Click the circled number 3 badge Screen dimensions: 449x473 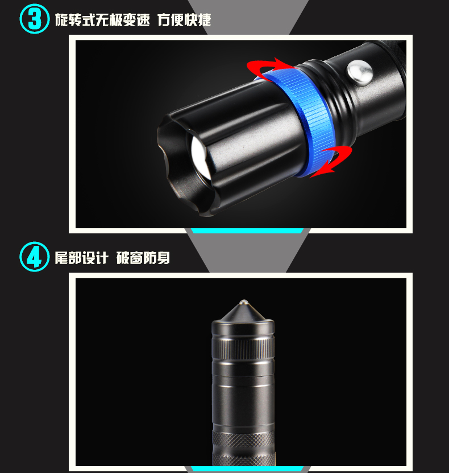point(34,19)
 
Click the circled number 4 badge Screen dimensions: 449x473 point(34,257)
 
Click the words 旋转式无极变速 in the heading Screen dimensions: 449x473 point(102,20)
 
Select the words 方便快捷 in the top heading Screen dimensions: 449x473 point(184,20)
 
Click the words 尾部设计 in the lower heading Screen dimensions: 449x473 point(81,258)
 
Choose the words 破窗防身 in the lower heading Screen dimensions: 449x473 point(143,258)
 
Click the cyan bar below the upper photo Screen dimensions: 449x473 point(247,231)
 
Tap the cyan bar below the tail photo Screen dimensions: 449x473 point(247,469)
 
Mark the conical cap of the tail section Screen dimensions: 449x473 point(243,312)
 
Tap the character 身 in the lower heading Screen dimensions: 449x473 point(163,258)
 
